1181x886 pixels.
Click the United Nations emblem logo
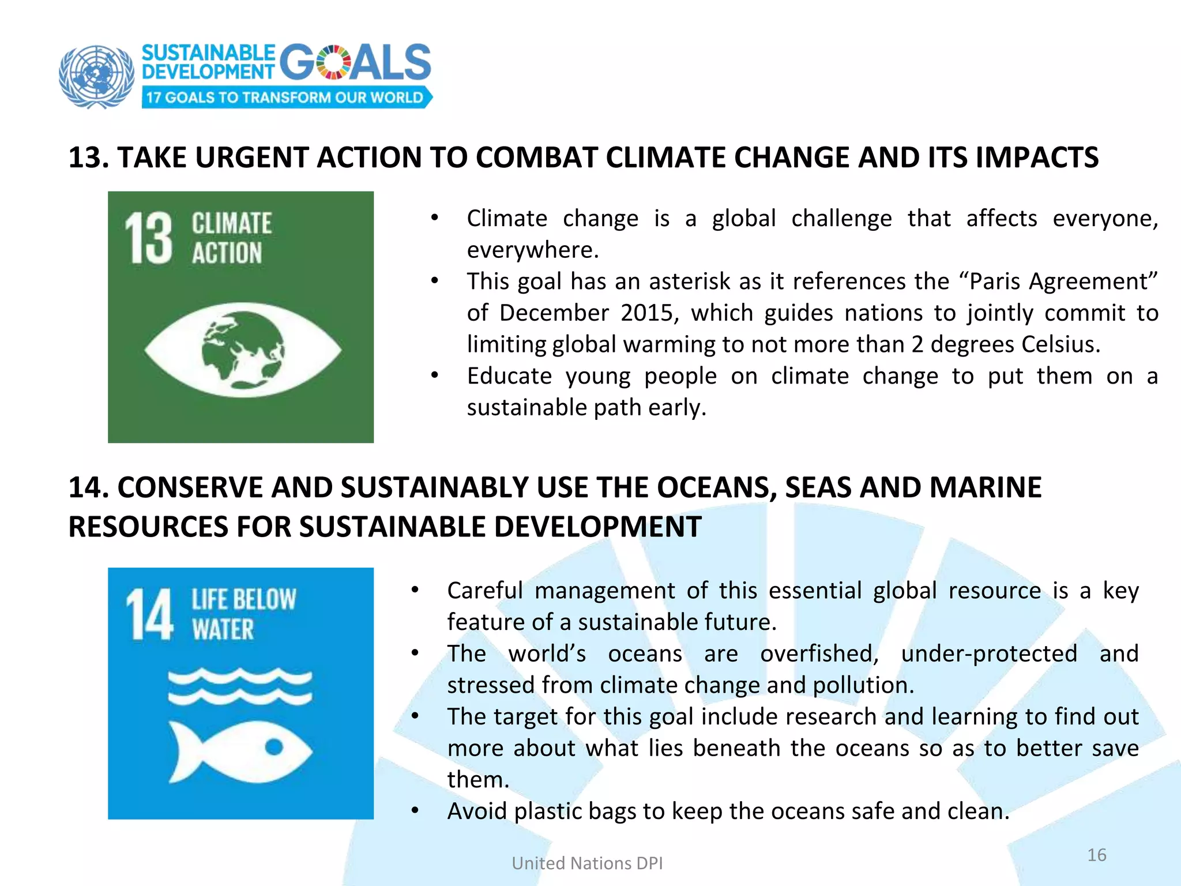(96, 76)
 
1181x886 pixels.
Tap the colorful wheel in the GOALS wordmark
(333, 62)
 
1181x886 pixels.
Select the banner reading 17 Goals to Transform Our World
(285, 97)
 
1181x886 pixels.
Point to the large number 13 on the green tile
(149, 238)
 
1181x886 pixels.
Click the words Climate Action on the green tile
(231, 238)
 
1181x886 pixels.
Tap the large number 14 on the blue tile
(149, 614)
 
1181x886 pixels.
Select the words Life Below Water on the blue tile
(243, 614)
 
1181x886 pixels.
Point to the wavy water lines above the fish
(240, 686)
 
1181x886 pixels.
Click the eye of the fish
(274, 747)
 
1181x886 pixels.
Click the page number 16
(1096, 855)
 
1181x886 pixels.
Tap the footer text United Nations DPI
(587, 864)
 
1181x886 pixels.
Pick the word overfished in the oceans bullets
(819, 654)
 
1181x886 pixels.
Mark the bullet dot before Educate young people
(435, 376)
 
